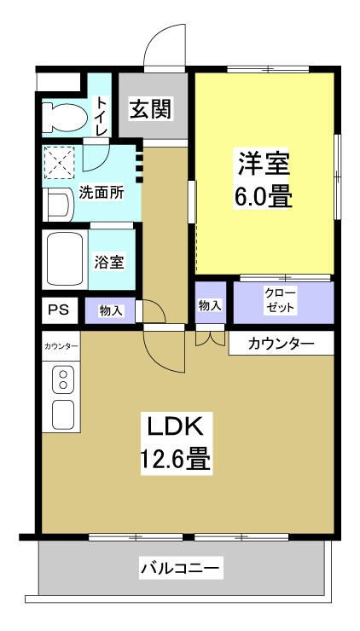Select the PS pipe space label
pos(58,309)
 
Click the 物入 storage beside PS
pos(111,310)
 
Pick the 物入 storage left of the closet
pos(211,304)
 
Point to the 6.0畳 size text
pos(264,197)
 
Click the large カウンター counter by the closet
pos(280,344)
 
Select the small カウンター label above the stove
pos(61,346)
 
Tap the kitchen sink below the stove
pos(63,414)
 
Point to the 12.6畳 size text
pos(176,461)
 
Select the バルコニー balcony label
pos(180,567)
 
